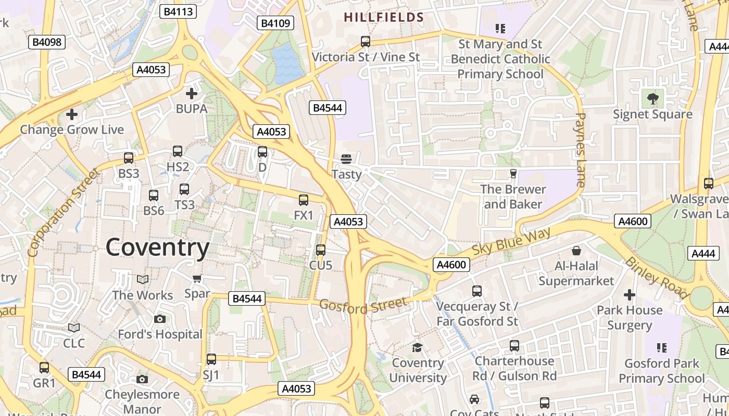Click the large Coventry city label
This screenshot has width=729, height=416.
coord(157,248)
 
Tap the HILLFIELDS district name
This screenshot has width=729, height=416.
coord(384,17)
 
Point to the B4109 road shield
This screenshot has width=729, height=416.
coord(275,23)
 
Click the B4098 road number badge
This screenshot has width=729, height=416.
coord(47,42)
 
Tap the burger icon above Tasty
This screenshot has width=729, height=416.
coord(346,159)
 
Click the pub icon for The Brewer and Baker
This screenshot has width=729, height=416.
coord(513,173)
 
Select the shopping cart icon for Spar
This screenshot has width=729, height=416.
coord(197,279)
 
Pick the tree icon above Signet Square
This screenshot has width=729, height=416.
coord(652,98)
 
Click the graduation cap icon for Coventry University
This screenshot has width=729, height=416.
coord(417,347)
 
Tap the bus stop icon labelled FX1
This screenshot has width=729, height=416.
coord(304,200)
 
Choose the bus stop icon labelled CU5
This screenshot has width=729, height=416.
coord(321,250)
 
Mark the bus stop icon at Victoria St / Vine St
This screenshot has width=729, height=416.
coord(366,41)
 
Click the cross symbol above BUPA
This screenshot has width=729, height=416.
coord(192,94)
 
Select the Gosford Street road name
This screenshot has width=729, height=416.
coord(363,305)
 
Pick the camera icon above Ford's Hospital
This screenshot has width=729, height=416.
coord(160,319)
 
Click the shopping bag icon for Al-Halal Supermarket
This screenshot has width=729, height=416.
coord(576,251)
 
